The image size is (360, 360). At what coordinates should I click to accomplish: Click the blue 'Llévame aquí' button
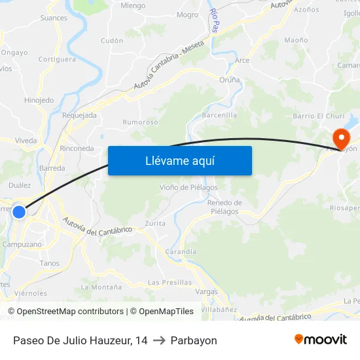pos(179,160)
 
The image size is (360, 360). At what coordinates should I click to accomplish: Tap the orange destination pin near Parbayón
pos(341,138)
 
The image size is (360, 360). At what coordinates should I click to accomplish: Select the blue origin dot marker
pos(19,211)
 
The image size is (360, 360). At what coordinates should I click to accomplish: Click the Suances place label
pos(54,18)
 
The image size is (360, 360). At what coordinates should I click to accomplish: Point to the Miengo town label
pos(133,6)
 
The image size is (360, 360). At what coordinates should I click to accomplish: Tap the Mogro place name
pos(187,14)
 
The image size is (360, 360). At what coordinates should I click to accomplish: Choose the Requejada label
pos(79,115)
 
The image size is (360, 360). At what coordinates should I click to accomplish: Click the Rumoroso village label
pos(140,122)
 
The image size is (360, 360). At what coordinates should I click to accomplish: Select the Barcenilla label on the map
pos(219,115)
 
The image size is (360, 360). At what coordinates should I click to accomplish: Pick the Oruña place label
pos(229,80)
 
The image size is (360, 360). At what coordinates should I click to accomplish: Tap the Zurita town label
pos(155,223)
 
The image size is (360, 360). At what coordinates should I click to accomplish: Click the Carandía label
pos(181,251)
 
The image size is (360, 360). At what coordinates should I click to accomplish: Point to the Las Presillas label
pos(170,282)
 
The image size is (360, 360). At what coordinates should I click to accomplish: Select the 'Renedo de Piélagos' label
pos(225,207)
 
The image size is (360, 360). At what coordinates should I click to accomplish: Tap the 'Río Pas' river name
pos(214,20)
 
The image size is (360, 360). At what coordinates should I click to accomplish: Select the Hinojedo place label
pos(39,100)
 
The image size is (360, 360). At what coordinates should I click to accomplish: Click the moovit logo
pos(321,340)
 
